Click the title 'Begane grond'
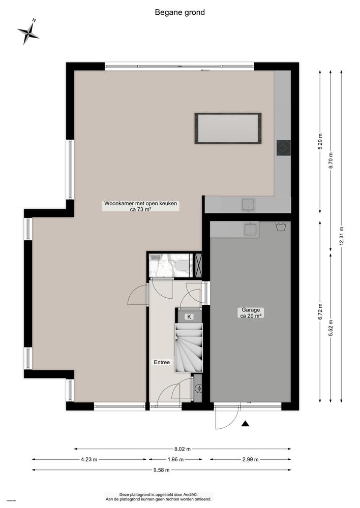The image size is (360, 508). pyautogui.click(x=179, y=13)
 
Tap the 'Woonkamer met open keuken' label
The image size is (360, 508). pyautogui.click(x=140, y=204)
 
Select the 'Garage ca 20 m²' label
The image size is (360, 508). pyautogui.click(x=251, y=313)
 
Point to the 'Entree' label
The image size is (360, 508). pyautogui.click(x=162, y=362)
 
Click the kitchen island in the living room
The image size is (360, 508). pyautogui.click(x=228, y=129)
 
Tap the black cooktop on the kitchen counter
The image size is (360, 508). pyautogui.click(x=283, y=148)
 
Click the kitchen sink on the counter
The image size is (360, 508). pyautogui.click(x=249, y=205)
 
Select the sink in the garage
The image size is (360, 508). pyautogui.click(x=251, y=230)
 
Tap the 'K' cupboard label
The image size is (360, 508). pyautogui.click(x=189, y=317)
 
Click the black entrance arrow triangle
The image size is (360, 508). pyautogui.click(x=245, y=424)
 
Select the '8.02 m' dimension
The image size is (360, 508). pyautogui.click(x=182, y=449)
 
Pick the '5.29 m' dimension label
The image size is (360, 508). pyautogui.click(x=320, y=141)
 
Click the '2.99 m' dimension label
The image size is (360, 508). pyautogui.click(x=250, y=459)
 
